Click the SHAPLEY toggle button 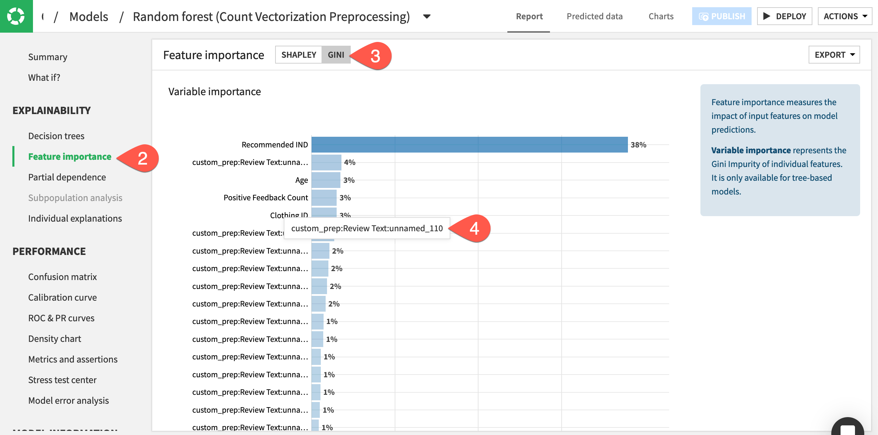299,55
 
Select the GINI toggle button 336,55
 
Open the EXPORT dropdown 834,55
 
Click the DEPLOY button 785,16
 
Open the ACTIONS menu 845,16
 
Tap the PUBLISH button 722,16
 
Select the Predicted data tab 594,16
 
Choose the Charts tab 661,16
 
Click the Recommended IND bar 469,145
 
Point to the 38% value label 638,145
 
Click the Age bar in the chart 326,180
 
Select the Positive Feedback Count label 266,198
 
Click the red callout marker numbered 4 474,228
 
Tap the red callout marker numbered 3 375,56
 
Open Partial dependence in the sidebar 67,177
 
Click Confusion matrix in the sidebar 63,277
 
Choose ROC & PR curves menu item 61,318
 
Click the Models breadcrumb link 89,16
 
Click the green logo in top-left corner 16,16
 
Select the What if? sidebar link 44,78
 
